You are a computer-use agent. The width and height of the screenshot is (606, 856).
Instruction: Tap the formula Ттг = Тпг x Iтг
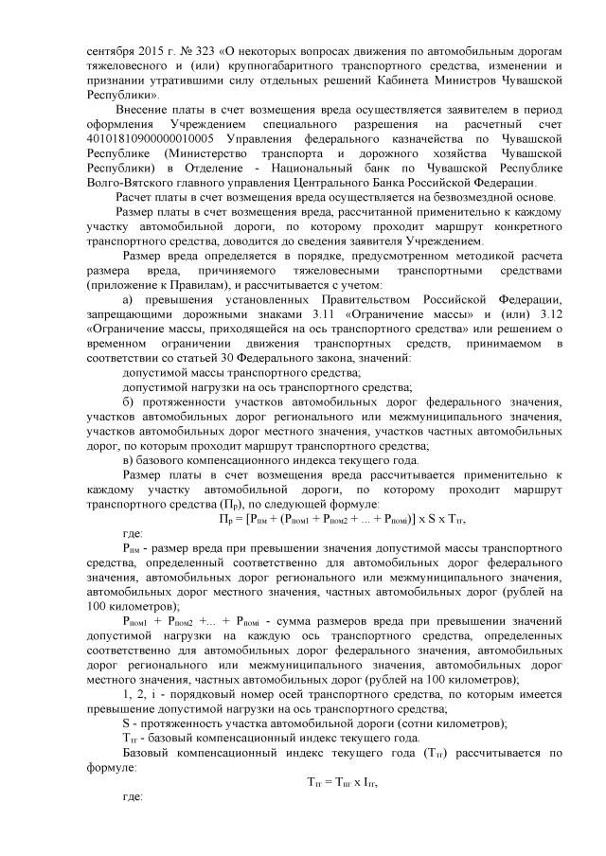(x=348, y=781)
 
